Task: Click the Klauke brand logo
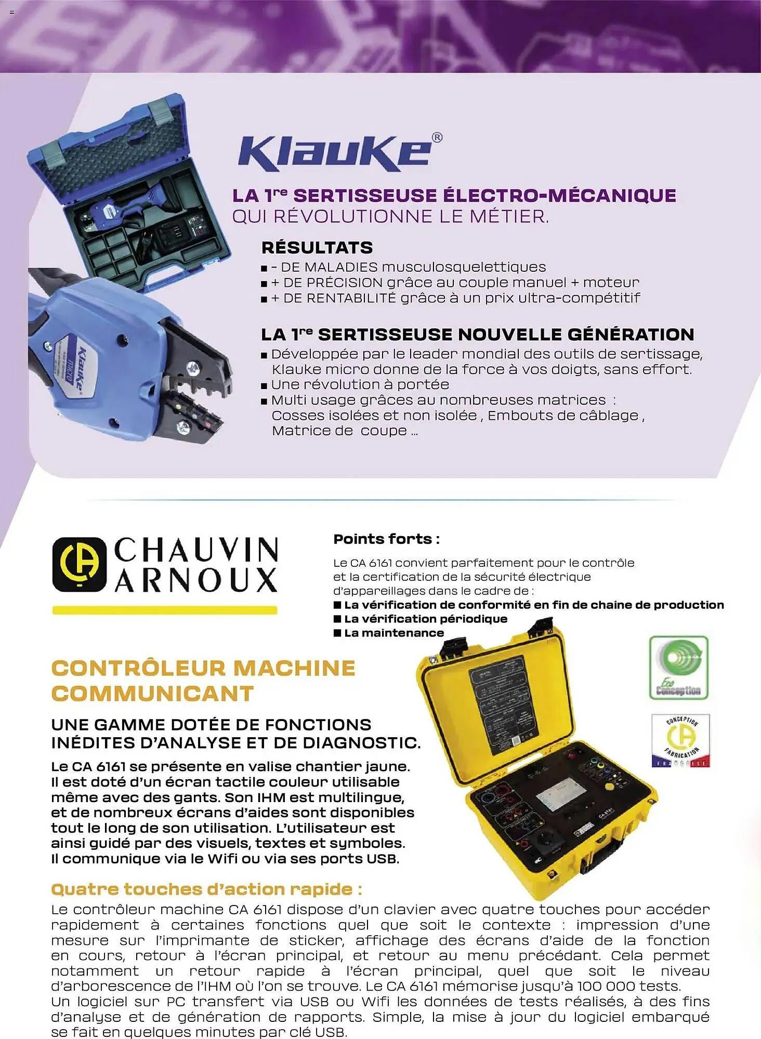point(335,153)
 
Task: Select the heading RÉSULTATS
point(317,247)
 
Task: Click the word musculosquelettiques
point(464,267)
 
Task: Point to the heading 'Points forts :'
point(386,539)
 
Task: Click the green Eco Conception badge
point(678,667)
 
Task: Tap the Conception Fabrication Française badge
point(680,740)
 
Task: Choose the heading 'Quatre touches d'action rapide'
point(206,889)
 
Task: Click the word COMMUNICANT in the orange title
point(152,694)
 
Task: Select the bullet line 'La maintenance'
point(393,633)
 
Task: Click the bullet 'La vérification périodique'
point(425,619)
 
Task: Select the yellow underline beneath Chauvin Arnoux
point(164,610)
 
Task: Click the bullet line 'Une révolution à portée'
point(360,384)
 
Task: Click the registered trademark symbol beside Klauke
point(437,138)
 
